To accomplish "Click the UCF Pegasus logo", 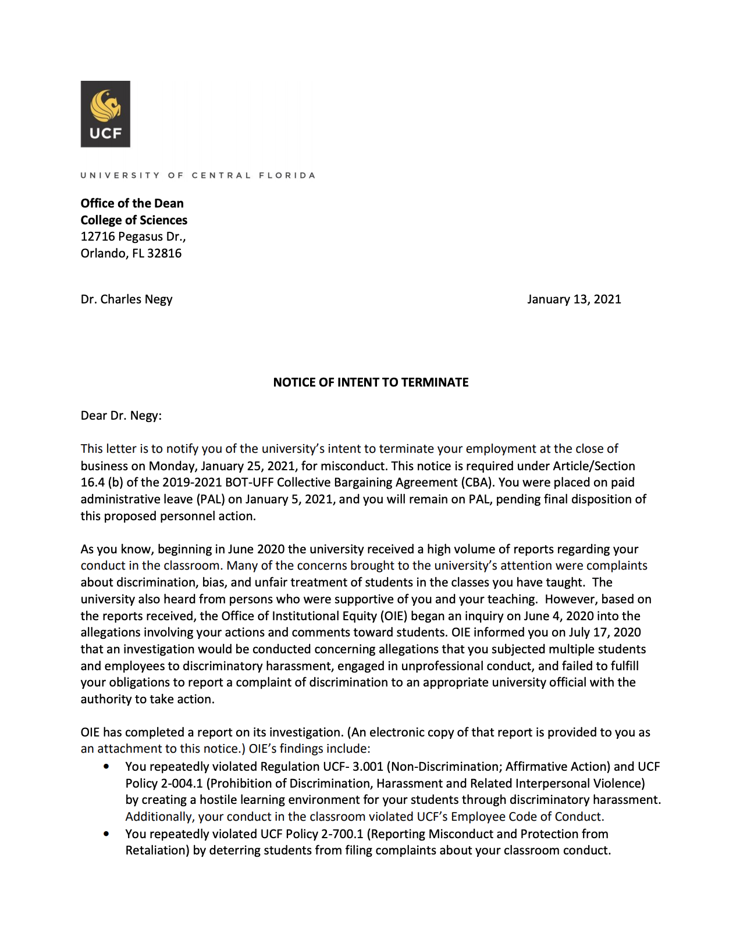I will pyautogui.click(x=105, y=114).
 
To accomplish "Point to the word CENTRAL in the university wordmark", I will pyautogui.click(x=221, y=175).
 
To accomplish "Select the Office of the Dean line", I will pyautogui.click(x=132, y=203).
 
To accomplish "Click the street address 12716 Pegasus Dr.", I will pyautogui.click(x=133, y=237).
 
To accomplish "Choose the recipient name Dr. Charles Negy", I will pyautogui.click(x=126, y=299).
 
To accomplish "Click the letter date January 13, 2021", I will pyautogui.click(x=574, y=299).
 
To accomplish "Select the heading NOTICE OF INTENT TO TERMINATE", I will pyautogui.click(x=371, y=382).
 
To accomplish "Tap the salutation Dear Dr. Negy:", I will pyautogui.click(x=121, y=416).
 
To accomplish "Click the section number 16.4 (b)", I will pyautogui.click(x=101, y=482).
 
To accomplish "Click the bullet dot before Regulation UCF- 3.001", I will pyautogui.click(x=106, y=767).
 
